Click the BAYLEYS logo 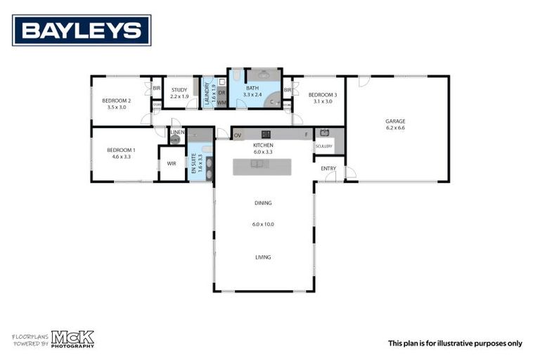click(82, 30)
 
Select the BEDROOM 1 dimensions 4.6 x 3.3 click(121, 157)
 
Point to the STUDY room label click(179, 90)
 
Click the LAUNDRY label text click(207, 94)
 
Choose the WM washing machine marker click(221, 103)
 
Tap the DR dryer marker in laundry click(221, 92)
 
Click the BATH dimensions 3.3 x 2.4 click(252, 94)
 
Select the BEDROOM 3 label click(322, 94)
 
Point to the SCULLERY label click(323, 146)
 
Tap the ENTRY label click(328, 168)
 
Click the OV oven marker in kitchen click(238, 135)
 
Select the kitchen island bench click(262, 165)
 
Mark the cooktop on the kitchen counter click(266, 134)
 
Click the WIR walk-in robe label click(172, 163)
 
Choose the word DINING click(262, 203)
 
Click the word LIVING click(262, 257)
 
